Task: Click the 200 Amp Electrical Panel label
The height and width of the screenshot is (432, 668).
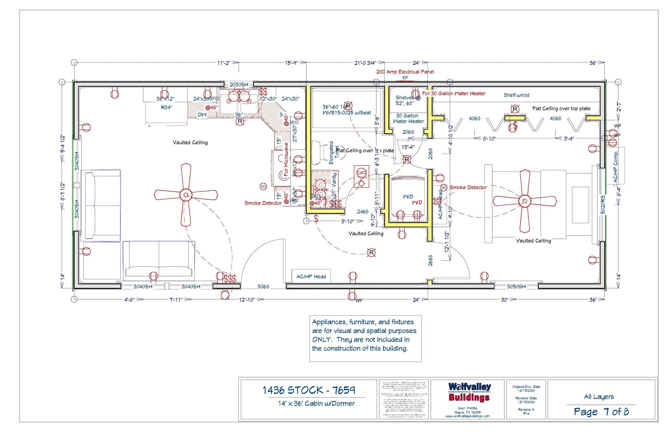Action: coord(405,72)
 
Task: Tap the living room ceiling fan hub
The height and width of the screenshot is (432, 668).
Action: coord(186,195)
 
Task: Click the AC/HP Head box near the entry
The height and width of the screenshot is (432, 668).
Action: coord(311,277)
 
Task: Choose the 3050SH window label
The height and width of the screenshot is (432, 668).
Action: coord(516,286)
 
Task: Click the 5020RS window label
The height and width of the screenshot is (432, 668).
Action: coord(602,205)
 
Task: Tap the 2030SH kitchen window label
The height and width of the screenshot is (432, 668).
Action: coord(239,85)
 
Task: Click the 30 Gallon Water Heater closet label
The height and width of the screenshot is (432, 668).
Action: coord(408,118)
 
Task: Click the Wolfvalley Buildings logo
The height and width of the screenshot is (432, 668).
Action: coord(469,392)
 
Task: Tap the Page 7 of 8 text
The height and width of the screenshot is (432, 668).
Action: coord(601,412)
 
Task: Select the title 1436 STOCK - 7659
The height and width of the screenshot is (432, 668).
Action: coord(309,390)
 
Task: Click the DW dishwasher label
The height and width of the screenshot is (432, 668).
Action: coord(202,115)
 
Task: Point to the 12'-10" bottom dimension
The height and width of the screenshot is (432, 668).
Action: coord(247,299)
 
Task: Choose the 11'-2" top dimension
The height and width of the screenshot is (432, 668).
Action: coord(224,63)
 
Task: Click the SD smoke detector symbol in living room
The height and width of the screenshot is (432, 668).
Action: coord(263,187)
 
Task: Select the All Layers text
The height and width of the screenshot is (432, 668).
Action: coord(599,397)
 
